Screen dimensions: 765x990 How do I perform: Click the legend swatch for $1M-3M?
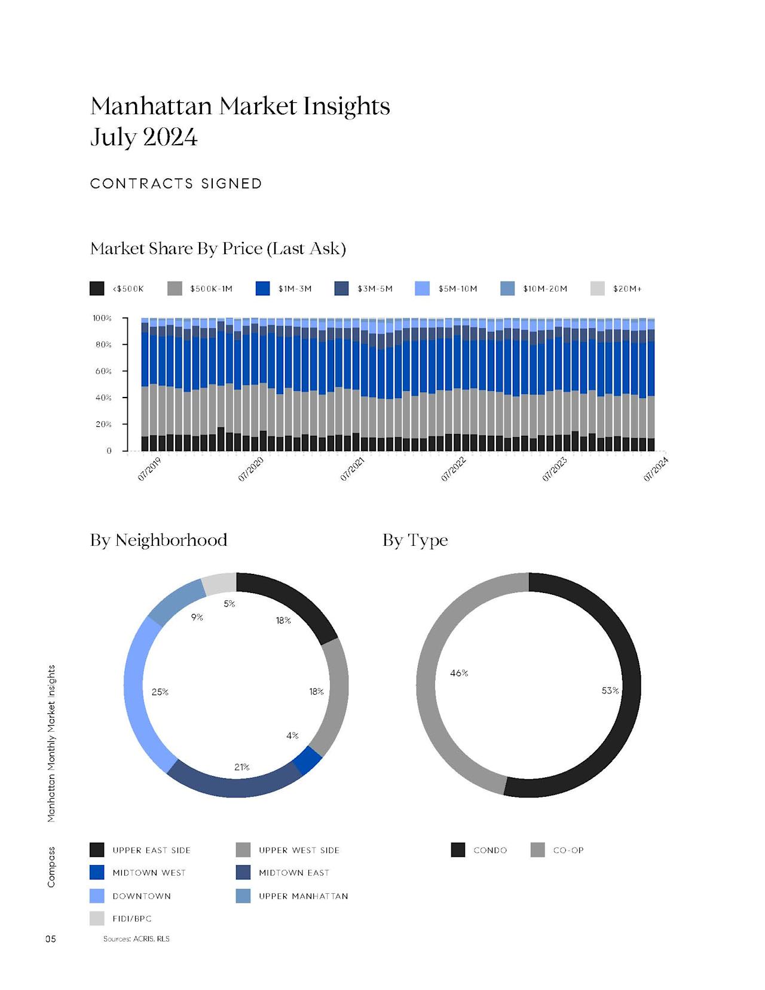pos(263,288)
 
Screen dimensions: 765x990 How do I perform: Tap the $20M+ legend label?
pos(627,289)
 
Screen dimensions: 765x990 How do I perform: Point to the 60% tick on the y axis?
pos(103,371)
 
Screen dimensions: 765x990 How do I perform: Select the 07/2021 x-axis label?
pos(353,469)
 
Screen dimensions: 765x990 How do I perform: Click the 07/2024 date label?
pos(656,469)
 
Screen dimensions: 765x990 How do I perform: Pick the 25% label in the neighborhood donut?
pos(160,692)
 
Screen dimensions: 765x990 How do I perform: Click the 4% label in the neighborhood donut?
pos(292,735)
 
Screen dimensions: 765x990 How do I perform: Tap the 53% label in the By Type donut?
pos(610,690)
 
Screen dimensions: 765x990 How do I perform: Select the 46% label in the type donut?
pos(459,673)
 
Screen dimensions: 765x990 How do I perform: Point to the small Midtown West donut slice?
pos(307,761)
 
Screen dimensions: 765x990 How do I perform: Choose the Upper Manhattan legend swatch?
pos(243,896)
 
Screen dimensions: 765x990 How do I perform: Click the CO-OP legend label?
pos(568,850)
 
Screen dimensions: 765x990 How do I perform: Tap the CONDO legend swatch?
pos(458,850)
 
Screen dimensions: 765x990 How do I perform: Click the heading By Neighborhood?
pos(158,540)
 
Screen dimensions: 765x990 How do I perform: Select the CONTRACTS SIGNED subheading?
pos(176,184)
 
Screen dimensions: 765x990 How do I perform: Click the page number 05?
pos(51,939)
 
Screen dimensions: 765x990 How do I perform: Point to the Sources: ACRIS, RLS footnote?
pos(136,939)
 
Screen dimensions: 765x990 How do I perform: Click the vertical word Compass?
pos(51,867)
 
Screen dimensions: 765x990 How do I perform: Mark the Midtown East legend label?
pos(293,873)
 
